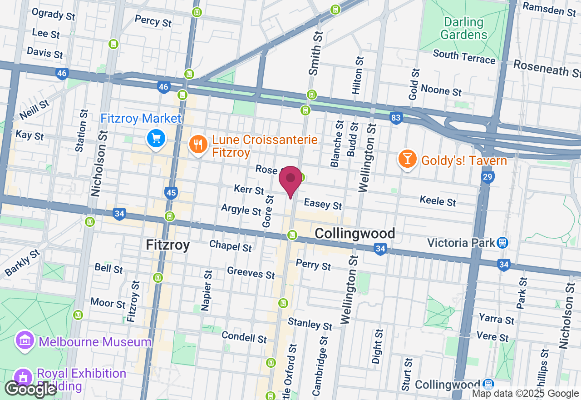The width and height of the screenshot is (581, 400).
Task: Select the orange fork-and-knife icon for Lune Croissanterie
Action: [198, 145]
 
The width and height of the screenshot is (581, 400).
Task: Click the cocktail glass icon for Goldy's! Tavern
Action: [407, 159]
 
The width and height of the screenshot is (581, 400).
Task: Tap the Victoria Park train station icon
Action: [502, 242]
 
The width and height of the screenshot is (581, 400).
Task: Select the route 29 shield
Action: [488, 177]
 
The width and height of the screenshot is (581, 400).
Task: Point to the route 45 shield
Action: [171, 194]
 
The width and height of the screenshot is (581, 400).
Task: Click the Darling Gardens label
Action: [463, 28]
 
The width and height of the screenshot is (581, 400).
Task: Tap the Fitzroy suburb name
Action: [167, 245]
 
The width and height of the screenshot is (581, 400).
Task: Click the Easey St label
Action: [323, 204]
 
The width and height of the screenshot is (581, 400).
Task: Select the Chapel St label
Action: [230, 246]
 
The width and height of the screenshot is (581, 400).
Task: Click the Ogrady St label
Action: [54, 15]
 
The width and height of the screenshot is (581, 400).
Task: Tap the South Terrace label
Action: [464, 57]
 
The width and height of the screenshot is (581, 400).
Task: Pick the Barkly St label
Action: [22, 263]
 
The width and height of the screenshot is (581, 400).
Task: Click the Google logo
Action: [31, 389]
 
